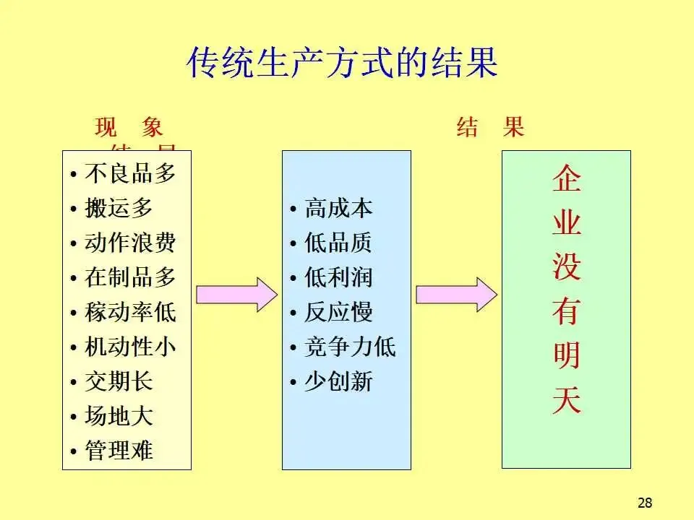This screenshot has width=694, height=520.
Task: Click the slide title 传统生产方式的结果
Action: click(x=342, y=63)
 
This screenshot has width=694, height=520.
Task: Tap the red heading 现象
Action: click(x=129, y=129)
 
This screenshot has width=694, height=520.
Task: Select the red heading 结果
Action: click(x=490, y=129)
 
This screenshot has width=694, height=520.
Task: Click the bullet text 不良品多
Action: click(x=130, y=174)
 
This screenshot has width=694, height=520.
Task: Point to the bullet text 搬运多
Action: click(x=119, y=209)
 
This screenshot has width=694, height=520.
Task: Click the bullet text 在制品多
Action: click(x=130, y=277)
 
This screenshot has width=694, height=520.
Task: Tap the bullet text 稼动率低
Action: click(x=130, y=313)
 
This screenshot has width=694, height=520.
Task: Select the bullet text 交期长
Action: click(x=119, y=381)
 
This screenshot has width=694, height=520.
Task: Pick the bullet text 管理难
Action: click(x=119, y=451)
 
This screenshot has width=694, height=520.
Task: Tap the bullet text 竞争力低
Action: click(x=350, y=347)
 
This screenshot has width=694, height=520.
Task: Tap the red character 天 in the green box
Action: click(x=566, y=401)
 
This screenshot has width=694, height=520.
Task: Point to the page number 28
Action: click(x=646, y=503)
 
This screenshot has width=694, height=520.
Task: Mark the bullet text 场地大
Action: click(x=119, y=417)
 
